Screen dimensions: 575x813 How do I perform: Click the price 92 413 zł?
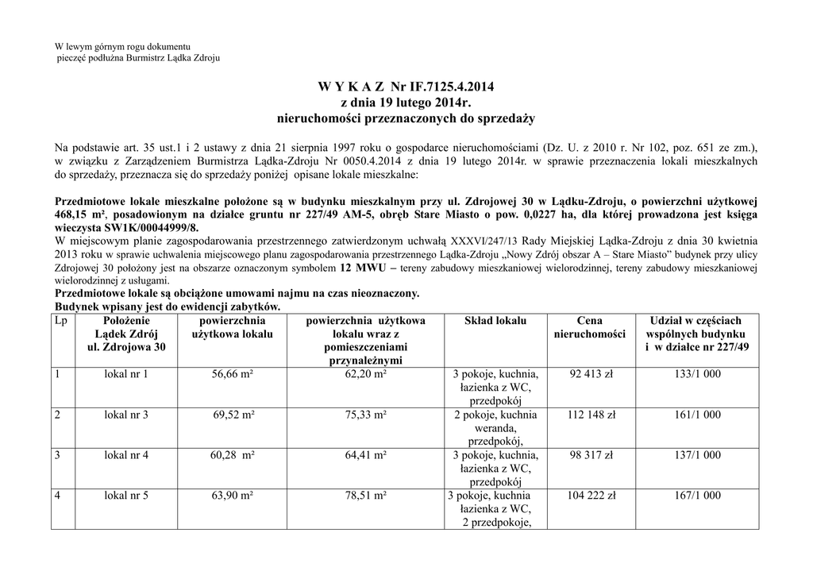point(591,374)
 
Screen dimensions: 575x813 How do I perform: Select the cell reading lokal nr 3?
point(126,415)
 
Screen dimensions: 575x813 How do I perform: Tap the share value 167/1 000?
point(698,496)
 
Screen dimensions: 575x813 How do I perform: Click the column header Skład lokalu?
point(495,321)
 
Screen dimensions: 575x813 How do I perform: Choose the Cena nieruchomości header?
point(590,327)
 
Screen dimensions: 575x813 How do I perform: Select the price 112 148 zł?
point(591,415)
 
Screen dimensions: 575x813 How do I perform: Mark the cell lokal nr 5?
point(126,496)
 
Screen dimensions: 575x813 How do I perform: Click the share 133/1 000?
point(698,374)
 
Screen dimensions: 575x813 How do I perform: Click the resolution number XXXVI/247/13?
point(484,241)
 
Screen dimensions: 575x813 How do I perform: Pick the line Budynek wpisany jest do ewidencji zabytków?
point(168,307)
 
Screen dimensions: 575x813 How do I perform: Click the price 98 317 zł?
point(591,455)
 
